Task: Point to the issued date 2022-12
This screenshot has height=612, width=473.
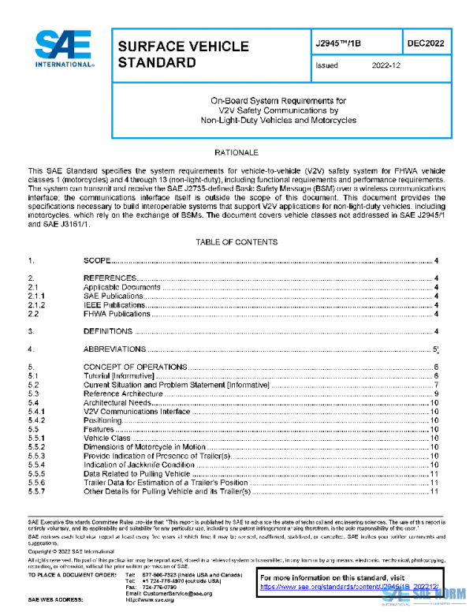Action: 386,66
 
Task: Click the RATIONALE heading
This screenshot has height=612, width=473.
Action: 236,151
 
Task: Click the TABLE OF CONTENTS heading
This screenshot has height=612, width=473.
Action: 236,240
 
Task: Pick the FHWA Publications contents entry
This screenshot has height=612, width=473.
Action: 117,313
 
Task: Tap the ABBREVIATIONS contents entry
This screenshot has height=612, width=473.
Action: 115,349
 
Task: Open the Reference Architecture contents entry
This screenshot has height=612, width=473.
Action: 123,394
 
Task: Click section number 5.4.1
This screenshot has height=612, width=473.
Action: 37,412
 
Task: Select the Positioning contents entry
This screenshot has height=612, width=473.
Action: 102,420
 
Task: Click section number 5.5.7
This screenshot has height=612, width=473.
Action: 37,492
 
